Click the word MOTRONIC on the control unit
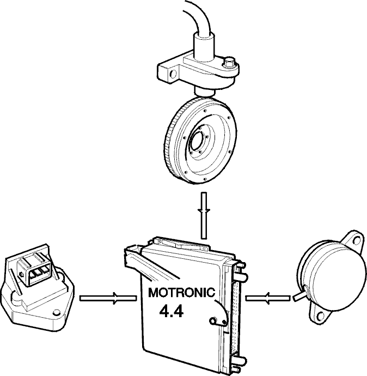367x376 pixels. click(x=181, y=292)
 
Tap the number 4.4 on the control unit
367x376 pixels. click(x=172, y=312)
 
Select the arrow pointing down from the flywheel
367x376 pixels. click(x=204, y=215)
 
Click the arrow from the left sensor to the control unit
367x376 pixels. click(x=108, y=298)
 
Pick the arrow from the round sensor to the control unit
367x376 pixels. click(x=268, y=298)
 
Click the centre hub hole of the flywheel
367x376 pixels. click(x=197, y=140)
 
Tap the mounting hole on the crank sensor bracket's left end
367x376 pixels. click(x=173, y=74)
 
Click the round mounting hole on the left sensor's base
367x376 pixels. click(x=57, y=313)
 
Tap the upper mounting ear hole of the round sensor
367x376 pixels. click(x=356, y=239)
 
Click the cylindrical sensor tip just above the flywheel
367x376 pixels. click(x=204, y=92)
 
